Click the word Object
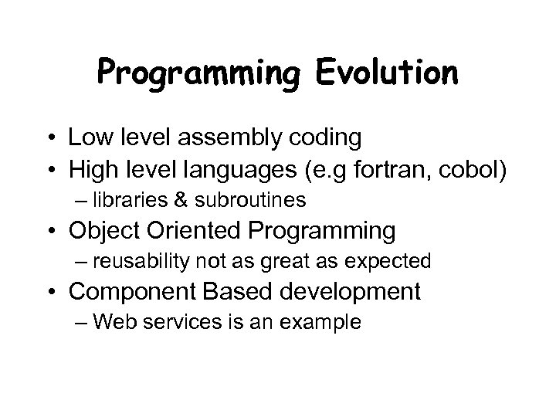[x=98, y=231]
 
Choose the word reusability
[x=136, y=262]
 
